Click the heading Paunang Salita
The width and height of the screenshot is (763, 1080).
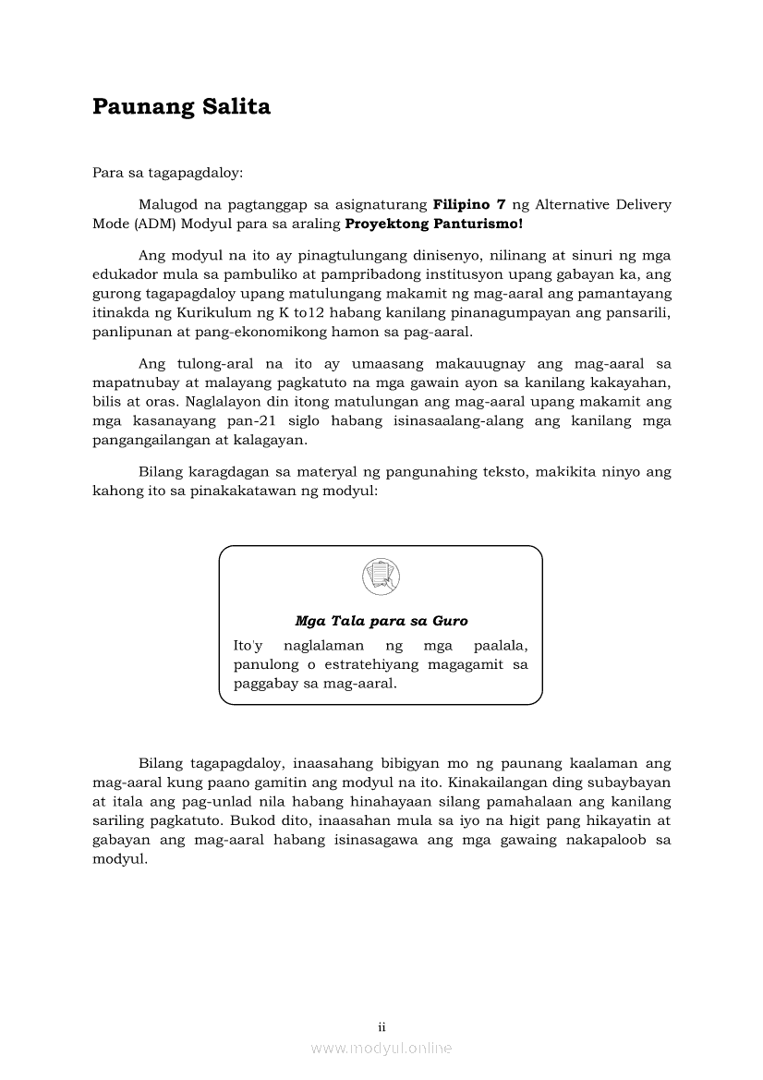(181, 107)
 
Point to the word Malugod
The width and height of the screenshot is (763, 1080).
(166, 204)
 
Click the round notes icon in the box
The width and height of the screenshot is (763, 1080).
(381, 576)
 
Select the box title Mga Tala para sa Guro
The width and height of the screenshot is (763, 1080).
(381, 622)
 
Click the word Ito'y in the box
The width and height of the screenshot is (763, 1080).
(248, 645)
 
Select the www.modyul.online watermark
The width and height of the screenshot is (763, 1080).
(381, 1049)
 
